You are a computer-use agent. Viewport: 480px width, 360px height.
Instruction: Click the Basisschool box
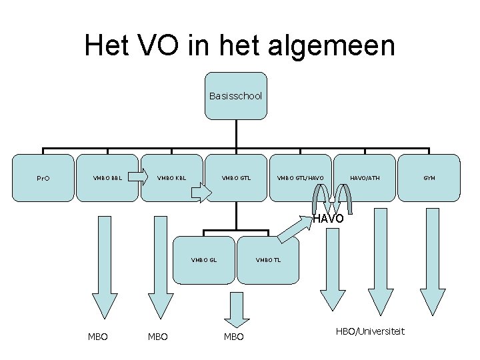(236, 96)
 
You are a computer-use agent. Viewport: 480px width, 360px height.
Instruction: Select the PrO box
(43, 178)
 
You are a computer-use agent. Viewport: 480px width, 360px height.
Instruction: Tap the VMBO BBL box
(107, 178)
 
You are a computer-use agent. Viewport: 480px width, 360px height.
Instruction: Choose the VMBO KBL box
(171, 178)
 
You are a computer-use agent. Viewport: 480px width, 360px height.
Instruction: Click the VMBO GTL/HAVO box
(301, 178)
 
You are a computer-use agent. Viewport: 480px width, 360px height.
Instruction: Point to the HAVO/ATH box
(364, 178)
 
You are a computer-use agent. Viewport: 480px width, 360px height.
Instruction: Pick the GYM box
(429, 178)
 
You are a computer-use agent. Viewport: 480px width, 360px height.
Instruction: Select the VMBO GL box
(204, 259)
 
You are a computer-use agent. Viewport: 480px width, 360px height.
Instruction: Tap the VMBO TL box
(269, 259)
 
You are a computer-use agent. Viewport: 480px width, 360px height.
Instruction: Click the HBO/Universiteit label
(370, 331)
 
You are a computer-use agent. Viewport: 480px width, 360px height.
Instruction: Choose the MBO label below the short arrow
(233, 337)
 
